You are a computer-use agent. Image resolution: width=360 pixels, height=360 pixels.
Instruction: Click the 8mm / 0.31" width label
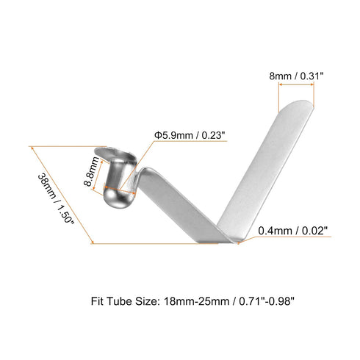[x=296, y=76]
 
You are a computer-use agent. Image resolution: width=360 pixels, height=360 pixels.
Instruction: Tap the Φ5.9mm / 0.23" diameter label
[x=190, y=135]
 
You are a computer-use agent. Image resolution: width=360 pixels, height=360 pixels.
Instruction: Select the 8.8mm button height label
[x=92, y=171]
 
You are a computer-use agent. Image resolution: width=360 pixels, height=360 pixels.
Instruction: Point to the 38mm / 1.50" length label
[x=56, y=198]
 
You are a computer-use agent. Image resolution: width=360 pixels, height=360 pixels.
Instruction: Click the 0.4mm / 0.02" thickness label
[x=293, y=231]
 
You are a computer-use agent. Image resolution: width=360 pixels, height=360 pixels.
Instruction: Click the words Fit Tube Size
[x=125, y=301]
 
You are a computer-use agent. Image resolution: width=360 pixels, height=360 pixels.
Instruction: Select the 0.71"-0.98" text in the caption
[x=266, y=301]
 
